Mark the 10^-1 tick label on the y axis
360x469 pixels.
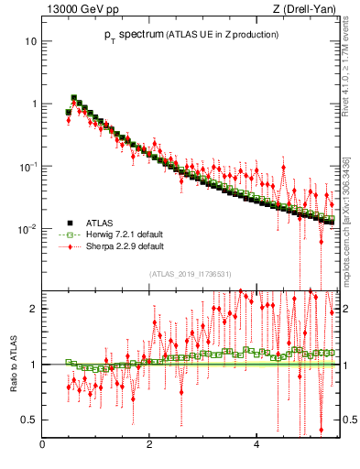point(28,166)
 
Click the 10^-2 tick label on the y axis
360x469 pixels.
point(28,228)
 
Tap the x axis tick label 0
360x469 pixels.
point(43,445)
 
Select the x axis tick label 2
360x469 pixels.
point(149,445)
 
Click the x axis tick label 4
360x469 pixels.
point(256,445)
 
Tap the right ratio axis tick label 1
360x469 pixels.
point(343,365)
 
